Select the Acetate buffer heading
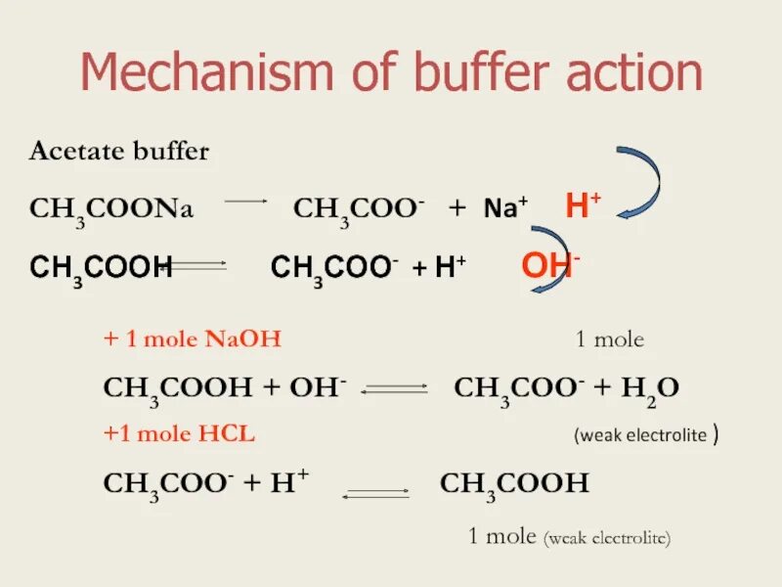(119, 152)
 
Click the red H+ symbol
(584, 205)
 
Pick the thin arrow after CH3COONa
(246, 202)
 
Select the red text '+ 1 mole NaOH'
(193, 340)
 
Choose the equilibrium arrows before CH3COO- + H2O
(395, 389)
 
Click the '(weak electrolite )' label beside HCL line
(647, 435)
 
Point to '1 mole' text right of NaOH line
(609, 340)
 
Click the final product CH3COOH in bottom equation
(514, 484)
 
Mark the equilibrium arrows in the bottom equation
(375, 492)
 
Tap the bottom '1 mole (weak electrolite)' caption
(568, 536)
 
